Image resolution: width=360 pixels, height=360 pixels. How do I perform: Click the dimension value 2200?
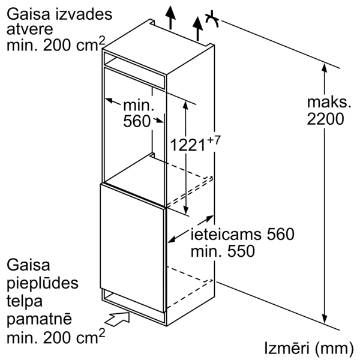click(x=325, y=119)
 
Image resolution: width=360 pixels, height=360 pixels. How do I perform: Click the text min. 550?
click(x=223, y=251)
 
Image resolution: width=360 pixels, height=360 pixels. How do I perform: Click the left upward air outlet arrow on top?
click(x=172, y=14)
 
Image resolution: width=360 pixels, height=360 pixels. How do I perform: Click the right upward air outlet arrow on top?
click(x=196, y=27)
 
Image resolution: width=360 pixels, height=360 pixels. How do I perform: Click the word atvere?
click(x=26, y=29)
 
